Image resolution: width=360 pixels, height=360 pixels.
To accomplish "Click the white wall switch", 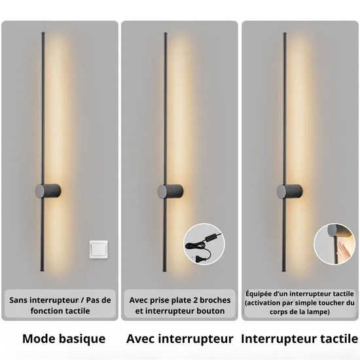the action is pos(98,250).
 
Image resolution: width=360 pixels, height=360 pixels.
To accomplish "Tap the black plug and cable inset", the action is pos(204,244).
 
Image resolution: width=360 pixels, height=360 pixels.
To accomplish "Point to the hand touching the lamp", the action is pos(343,251).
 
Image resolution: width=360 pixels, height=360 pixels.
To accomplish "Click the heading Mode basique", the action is pos(64,338).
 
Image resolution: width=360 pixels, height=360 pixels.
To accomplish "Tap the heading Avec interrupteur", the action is pos(179,339).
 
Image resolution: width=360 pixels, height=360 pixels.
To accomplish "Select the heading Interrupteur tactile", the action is pos(299,339).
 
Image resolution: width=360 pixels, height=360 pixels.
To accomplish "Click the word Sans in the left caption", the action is pos(18,300).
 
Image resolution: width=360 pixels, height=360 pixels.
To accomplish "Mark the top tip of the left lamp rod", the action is pos(43,33).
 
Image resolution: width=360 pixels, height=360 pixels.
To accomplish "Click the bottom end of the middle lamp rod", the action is pos(164,272).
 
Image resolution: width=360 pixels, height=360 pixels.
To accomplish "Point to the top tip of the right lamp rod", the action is pos(285,33).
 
